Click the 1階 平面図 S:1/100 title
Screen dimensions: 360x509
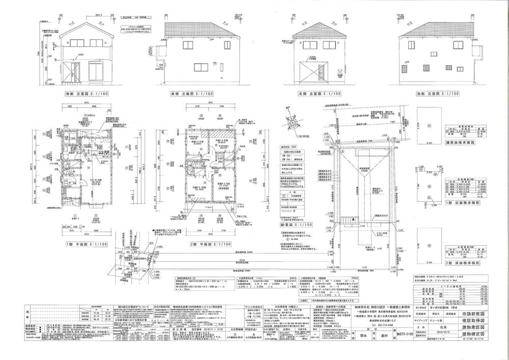pyautogui.click(x=87, y=244)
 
